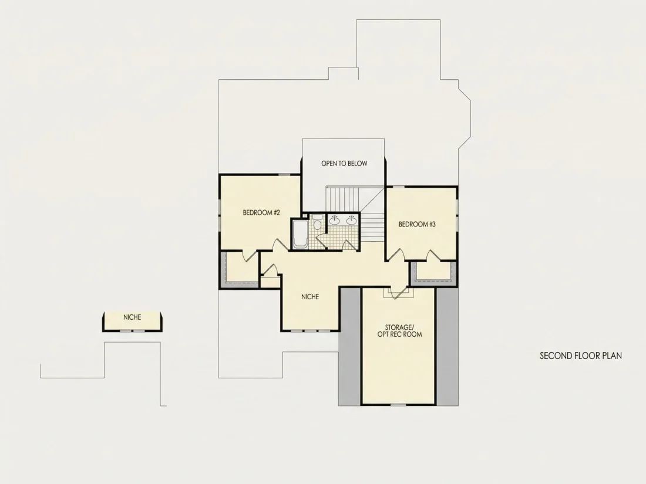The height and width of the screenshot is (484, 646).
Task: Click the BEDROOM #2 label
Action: (261, 212)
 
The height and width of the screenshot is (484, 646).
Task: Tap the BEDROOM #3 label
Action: (417, 224)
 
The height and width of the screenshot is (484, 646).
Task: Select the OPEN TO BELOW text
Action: (344, 164)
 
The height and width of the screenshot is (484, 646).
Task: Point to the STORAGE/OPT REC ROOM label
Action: (399, 330)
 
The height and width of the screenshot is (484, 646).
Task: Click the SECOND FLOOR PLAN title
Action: (581, 356)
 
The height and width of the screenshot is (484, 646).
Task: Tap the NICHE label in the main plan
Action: (310, 297)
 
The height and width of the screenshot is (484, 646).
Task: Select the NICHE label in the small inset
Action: (132, 317)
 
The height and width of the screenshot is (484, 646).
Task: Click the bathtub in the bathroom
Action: (300, 234)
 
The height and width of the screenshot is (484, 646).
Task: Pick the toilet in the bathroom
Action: (317, 223)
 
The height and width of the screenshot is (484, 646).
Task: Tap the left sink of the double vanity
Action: (334, 221)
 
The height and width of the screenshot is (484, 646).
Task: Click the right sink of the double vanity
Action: (351, 221)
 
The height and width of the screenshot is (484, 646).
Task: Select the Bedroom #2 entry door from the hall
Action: (281, 245)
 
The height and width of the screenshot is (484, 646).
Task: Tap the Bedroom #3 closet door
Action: (433, 256)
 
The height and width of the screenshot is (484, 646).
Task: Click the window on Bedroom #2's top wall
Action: (284, 175)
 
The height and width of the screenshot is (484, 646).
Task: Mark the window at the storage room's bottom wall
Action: (398, 405)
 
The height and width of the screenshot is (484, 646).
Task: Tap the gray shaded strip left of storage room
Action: (349, 347)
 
